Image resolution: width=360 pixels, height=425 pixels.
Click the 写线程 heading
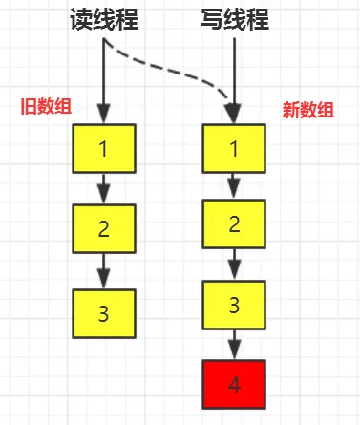tap(235, 20)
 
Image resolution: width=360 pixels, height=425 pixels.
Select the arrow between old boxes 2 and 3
tap(104, 273)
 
